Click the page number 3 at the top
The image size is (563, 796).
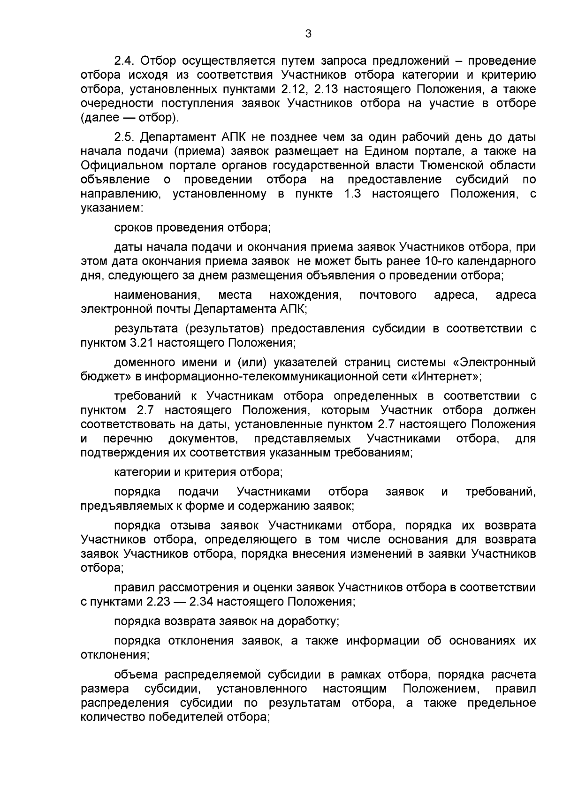coord(308,34)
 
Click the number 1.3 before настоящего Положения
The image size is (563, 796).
coord(352,194)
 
